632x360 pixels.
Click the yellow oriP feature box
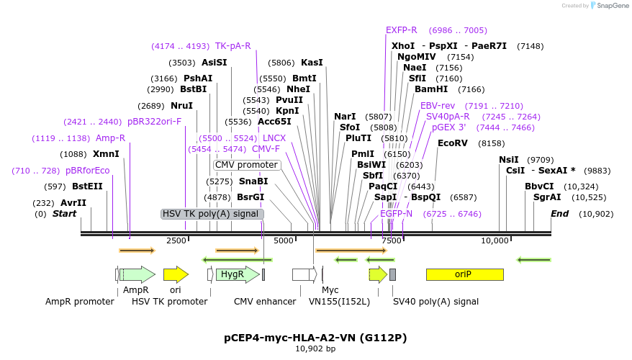pos(464,274)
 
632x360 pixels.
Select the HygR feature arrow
pos(233,274)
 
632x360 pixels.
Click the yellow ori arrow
pos(176,274)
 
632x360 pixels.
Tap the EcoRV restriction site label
pos(452,143)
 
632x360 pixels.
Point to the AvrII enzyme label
pos(73,203)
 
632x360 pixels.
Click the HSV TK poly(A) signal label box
pos(212,214)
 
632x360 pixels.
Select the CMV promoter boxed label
pos(246,165)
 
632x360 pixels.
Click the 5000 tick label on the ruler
pos(284,240)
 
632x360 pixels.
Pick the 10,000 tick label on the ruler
pos(495,240)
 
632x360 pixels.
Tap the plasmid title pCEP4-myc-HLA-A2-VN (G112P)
pos(315,337)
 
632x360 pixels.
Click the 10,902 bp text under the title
pos(315,349)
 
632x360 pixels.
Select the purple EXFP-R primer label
pos(401,30)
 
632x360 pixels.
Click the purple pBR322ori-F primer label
pos(154,122)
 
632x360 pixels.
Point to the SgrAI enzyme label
pos(546,197)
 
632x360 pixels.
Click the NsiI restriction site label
pos(509,160)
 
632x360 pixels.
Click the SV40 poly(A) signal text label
pos(435,302)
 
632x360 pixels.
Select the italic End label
pos(559,214)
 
